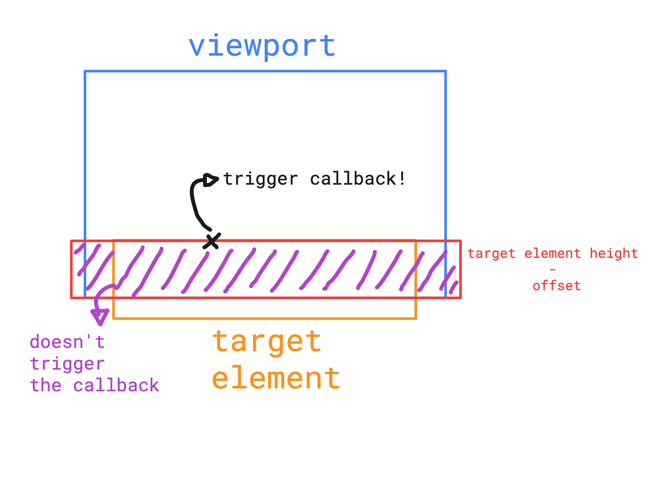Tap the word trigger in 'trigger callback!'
pos(260,179)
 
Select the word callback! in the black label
pos(358,179)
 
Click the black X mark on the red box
pos(212,241)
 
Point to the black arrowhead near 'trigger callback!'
pos(210,180)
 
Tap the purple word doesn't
pos(67,342)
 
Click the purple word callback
pos(116,386)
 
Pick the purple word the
pos(45,386)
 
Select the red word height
pos(614,254)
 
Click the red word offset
pos(556,286)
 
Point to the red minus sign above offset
pos(553,270)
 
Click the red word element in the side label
pos(553,254)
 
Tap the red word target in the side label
pos(491,254)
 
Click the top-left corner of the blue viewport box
pos(85,71)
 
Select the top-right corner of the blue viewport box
pos(446,71)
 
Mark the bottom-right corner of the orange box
pos(415,318)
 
